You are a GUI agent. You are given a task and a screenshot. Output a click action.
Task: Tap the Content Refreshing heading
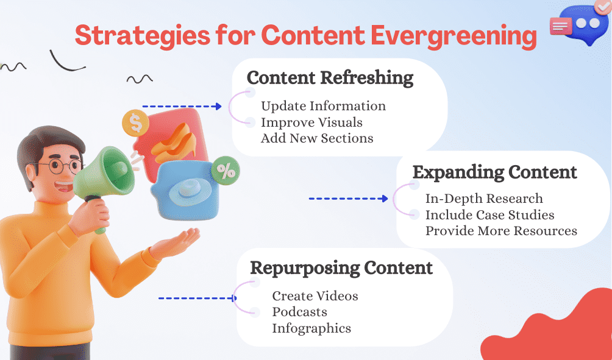tap(330, 78)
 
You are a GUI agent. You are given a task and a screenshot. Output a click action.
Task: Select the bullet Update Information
tap(323, 106)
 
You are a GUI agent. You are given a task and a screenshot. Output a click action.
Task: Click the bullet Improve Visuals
tap(311, 122)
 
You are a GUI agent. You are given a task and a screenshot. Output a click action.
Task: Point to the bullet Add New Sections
tap(317, 138)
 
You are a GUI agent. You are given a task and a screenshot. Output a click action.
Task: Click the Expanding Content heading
tap(494, 172)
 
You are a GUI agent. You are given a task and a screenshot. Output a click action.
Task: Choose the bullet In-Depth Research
tap(484, 199)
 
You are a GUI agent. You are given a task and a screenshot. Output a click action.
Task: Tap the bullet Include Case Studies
tap(489, 215)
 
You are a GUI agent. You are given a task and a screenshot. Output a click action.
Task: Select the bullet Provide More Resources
tap(501, 231)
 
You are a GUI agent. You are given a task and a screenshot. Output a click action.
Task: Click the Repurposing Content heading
tap(341, 268)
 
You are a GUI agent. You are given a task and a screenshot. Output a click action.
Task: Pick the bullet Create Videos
tap(315, 296)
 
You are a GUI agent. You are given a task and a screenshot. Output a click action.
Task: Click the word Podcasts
tap(299, 312)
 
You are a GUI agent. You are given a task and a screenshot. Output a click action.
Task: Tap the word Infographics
tap(311, 328)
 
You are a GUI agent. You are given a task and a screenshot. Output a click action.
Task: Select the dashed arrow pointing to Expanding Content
tap(348, 199)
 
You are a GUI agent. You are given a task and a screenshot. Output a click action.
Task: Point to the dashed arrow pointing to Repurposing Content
tap(197, 298)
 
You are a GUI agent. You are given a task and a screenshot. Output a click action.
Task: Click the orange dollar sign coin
tap(135, 124)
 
